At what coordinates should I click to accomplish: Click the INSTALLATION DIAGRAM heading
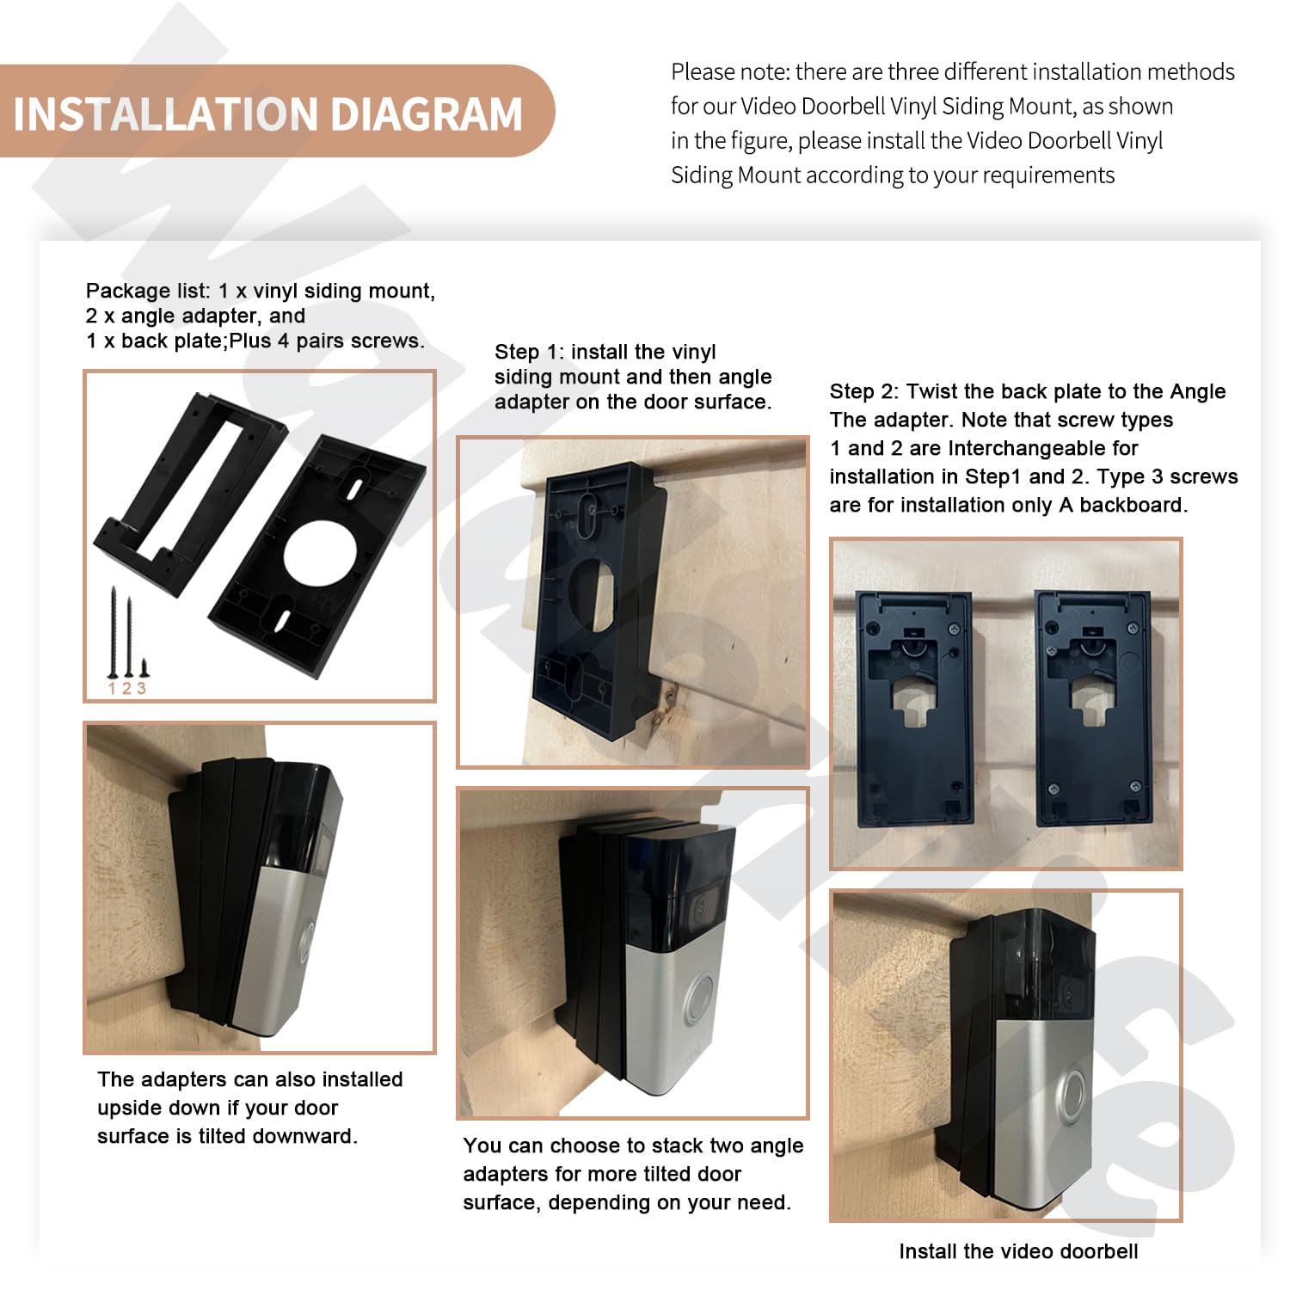click(x=268, y=114)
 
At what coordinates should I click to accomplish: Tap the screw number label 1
click(x=112, y=689)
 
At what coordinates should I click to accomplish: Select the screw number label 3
click(x=142, y=689)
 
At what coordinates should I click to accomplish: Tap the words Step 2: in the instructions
click(x=864, y=391)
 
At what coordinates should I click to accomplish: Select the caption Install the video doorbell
click(x=1018, y=1251)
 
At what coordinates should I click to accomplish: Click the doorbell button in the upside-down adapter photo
click(x=307, y=942)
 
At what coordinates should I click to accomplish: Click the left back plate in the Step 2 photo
click(x=915, y=708)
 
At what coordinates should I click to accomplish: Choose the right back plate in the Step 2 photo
click(x=1093, y=708)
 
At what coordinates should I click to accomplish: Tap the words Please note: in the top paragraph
click(x=729, y=71)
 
